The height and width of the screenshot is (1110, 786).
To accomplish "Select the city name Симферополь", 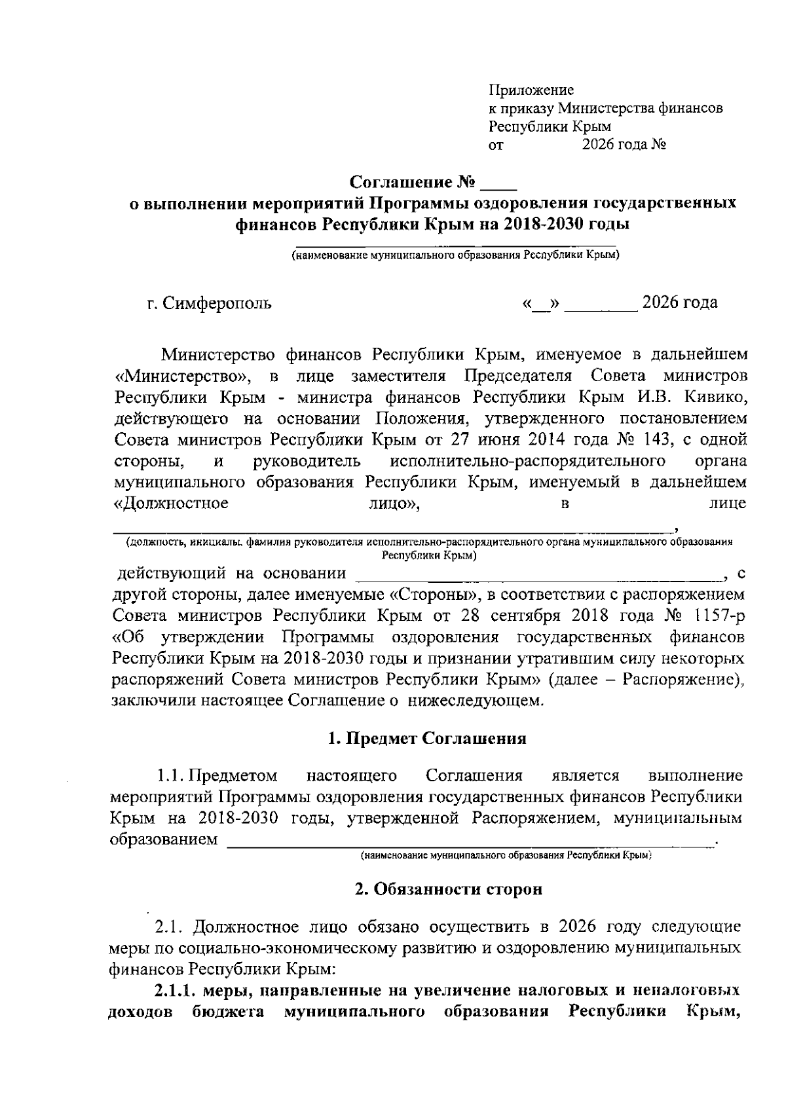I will point(216,304).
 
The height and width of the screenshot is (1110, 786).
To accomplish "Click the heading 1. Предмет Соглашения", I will point(427,739).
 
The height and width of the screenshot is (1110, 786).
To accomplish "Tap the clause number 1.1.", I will point(170,776).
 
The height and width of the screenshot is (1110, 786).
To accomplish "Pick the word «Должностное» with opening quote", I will point(171,504).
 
